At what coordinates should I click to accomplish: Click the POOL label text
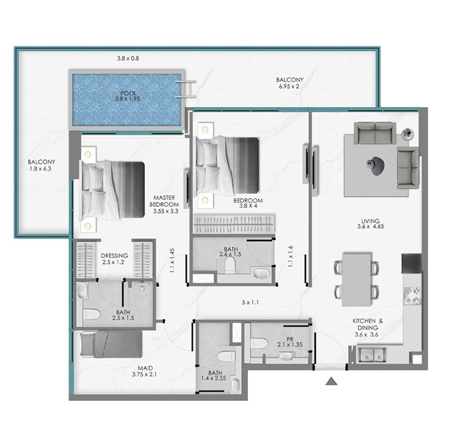pos(129,93)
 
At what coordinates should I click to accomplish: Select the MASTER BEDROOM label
pos(165,201)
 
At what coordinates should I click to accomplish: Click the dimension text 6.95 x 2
pos(289,87)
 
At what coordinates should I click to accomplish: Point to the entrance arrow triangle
pos(331,381)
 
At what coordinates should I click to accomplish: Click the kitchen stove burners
pos(412,296)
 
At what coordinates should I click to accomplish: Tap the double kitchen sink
pos(372,354)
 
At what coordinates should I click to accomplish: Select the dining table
pos(357,279)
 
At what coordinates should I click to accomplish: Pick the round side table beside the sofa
pos(408,134)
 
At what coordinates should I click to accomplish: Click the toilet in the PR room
pos(259,343)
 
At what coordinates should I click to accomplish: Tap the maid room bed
pos(112,344)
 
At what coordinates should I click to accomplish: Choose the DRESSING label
pos(114,255)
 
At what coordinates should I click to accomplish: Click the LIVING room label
pos(371,221)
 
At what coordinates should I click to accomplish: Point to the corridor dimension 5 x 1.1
pos(250,302)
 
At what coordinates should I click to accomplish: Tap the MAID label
pos(145,368)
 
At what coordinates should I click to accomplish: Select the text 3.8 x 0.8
pos(128,58)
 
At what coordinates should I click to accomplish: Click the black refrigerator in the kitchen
pos(411,263)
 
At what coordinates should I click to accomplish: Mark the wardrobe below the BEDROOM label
pos(234,224)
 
